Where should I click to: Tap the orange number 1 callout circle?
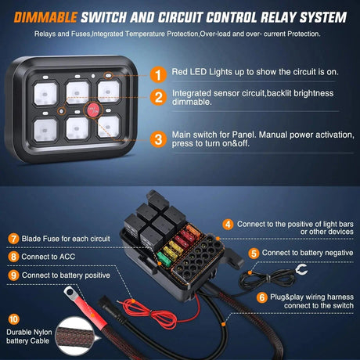[158, 75]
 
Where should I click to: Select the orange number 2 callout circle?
[158, 98]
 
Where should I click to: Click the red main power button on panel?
[80, 109]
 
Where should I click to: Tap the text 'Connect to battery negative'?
[305, 253]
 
